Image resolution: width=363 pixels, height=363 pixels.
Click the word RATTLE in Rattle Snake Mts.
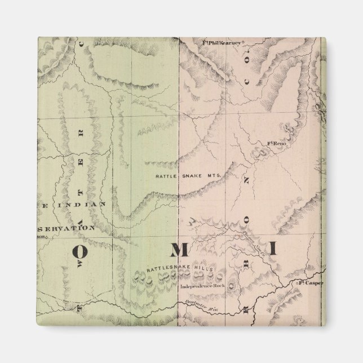pos(166,176)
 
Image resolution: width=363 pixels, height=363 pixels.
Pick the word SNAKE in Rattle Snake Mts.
pos(190,176)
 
